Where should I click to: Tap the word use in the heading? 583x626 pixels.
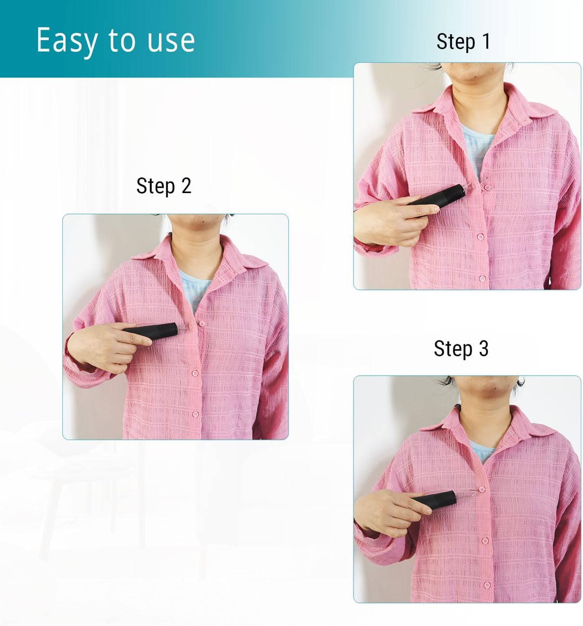(x=171, y=40)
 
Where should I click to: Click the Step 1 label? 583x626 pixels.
(x=463, y=41)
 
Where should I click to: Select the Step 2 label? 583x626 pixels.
(x=164, y=186)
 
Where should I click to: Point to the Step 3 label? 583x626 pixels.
(x=461, y=349)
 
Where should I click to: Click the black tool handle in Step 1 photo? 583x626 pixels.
(x=437, y=196)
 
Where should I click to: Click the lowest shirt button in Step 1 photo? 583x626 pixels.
(x=482, y=278)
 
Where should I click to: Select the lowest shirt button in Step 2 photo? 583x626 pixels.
(x=195, y=413)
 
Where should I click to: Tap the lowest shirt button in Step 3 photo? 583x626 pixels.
(x=487, y=585)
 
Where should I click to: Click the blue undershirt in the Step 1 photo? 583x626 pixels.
(x=477, y=144)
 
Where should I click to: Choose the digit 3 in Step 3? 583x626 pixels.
(x=483, y=349)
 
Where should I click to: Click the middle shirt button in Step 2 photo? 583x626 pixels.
(x=195, y=373)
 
